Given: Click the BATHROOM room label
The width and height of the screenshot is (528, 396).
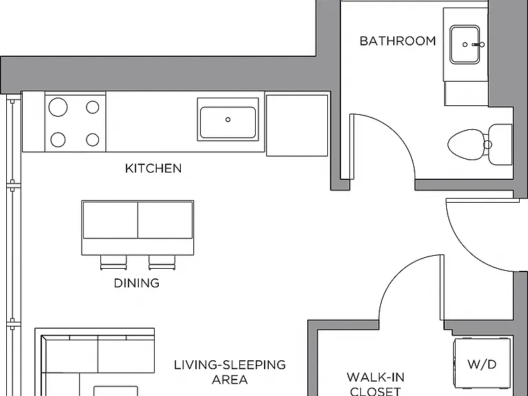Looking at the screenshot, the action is pyautogui.click(x=397, y=41).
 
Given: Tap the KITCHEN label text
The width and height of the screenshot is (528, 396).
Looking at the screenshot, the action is pyautogui.click(x=153, y=168).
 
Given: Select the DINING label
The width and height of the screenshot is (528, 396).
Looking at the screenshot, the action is pyautogui.click(x=137, y=283).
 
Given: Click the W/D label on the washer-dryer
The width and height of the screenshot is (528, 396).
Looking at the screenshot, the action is pyautogui.click(x=482, y=364).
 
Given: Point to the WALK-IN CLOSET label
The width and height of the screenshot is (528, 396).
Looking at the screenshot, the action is pyautogui.click(x=375, y=384).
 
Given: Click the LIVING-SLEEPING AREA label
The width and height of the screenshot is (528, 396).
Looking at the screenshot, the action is pyautogui.click(x=230, y=372).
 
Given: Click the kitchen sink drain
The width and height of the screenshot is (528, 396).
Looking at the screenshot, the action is pyautogui.click(x=228, y=120).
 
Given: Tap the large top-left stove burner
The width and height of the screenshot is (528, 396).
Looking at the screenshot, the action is pyautogui.click(x=58, y=107).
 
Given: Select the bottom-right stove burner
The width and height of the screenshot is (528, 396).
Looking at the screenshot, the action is pyautogui.click(x=93, y=140).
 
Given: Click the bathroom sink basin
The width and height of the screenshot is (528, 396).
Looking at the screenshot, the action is pyautogui.click(x=465, y=44).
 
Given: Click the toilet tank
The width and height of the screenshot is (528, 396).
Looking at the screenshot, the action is pyautogui.click(x=500, y=144).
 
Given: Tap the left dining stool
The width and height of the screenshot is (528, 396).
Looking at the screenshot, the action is pyautogui.click(x=114, y=263).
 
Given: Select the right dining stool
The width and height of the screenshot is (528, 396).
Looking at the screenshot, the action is pyautogui.click(x=162, y=263).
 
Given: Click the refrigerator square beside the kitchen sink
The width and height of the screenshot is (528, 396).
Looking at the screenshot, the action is pyautogui.click(x=297, y=126).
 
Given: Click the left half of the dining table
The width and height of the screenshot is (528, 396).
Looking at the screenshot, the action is pyautogui.click(x=111, y=220).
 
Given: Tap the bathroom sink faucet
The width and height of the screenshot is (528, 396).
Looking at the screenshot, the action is pyautogui.click(x=478, y=45).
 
